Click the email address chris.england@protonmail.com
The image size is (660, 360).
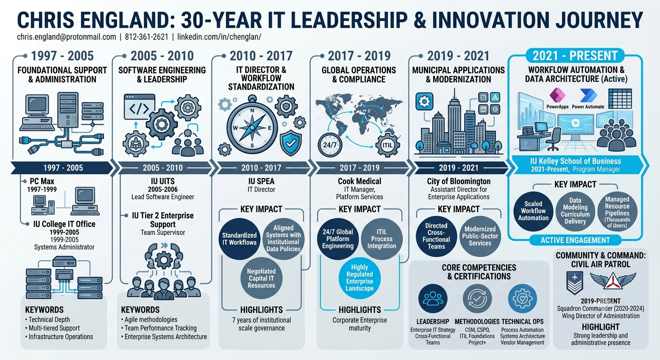coord(66,37)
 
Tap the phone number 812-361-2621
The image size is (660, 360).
coord(146,37)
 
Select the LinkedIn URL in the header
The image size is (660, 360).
coord(219,37)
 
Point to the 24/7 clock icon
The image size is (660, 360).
coord(330,145)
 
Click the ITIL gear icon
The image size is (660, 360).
coord(387,145)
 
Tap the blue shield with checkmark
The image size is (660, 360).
coord(291,143)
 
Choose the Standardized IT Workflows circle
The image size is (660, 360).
coord(239,239)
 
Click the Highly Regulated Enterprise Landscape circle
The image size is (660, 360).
coord(360,278)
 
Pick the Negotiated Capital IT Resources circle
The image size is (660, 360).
coord(262,278)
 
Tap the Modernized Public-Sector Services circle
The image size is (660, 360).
coord(480,236)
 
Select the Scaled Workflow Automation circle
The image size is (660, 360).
coord(533,211)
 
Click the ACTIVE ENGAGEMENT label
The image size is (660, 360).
coord(575,240)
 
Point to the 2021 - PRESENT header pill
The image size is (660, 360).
coord(575,56)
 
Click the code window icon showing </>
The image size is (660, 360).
coord(139,107)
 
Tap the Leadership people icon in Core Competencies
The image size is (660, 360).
coord(433,299)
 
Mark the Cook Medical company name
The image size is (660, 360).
coord(360,181)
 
